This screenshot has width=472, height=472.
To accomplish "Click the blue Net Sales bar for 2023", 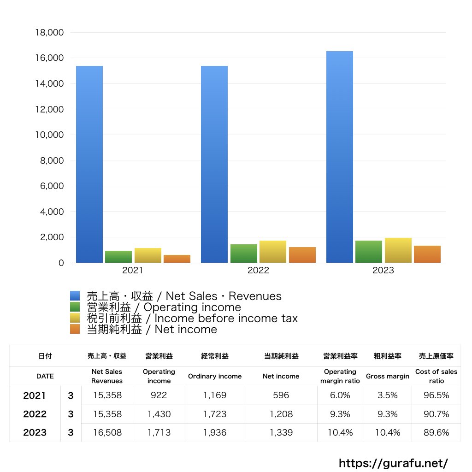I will coord(340,157).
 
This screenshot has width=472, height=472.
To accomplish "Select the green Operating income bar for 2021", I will coord(118,257).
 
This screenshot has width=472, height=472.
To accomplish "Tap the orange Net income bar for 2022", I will coord(302,255).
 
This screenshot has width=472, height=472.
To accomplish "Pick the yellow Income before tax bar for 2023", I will coord(398,250).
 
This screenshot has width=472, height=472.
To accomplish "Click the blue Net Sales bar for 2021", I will coord(89,164).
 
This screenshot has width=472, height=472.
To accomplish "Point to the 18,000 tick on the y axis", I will coord(49,33).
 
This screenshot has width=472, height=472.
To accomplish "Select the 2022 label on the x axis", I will coord(258,271).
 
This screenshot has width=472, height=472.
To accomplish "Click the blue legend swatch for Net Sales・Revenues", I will coord(75,296).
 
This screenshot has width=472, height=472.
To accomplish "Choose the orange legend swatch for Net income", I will coord(75,329).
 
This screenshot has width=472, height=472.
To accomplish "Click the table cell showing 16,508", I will coord(107,432).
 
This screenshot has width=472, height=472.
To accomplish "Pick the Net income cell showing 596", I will coord(281,395).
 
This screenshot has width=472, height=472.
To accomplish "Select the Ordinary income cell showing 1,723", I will coord(214,414).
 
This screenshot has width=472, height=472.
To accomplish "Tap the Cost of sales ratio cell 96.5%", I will coord(436,395).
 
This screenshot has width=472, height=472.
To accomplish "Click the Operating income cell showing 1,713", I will coord(159,432).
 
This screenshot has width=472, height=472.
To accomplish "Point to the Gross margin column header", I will coord(387,376).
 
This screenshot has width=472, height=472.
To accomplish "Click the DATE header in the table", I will coord(45,376).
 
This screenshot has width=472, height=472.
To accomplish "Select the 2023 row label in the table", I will coord(35,432).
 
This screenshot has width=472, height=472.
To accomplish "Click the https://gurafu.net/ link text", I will coord(393,463).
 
